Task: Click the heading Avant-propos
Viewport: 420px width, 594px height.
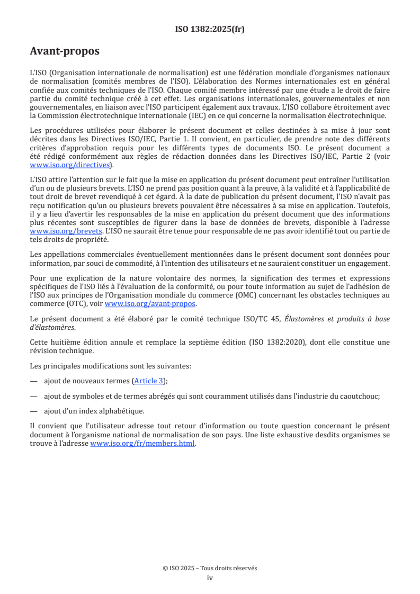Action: click(x=65, y=51)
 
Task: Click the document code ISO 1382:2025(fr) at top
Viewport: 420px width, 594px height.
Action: click(x=210, y=30)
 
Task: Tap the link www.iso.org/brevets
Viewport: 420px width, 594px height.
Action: click(x=66, y=231)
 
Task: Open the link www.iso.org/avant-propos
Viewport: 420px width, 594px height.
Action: click(x=150, y=303)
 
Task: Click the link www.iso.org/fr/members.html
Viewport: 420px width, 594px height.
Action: click(x=143, y=444)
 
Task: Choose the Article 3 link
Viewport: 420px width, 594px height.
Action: click(x=149, y=381)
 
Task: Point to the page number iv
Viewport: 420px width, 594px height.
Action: click(x=210, y=578)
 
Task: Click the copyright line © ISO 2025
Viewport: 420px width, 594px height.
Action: click(x=210, y=568)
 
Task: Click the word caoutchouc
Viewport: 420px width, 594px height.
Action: click(x=365, y=396)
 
